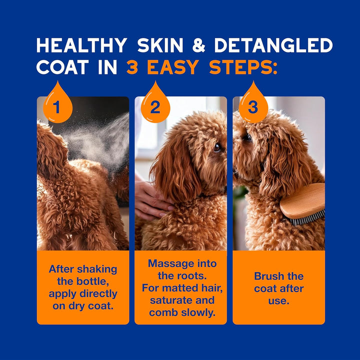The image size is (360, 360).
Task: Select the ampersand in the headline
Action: coord(199,45)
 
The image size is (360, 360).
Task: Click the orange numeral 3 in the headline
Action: coord(132,67)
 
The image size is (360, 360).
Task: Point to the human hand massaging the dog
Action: coord(150,200)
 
